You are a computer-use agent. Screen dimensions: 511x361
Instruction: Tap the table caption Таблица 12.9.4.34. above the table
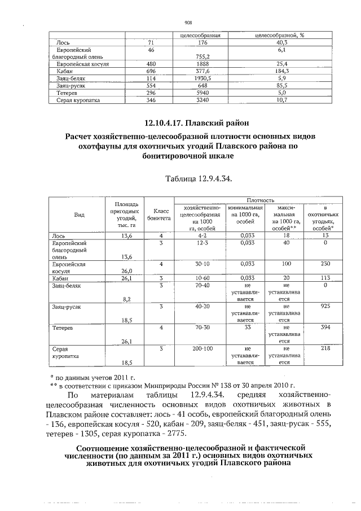[199, 179]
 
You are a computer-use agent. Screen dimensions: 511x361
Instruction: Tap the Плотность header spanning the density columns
[259, 200]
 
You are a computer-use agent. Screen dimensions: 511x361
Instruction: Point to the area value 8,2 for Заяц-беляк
[127, 299]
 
